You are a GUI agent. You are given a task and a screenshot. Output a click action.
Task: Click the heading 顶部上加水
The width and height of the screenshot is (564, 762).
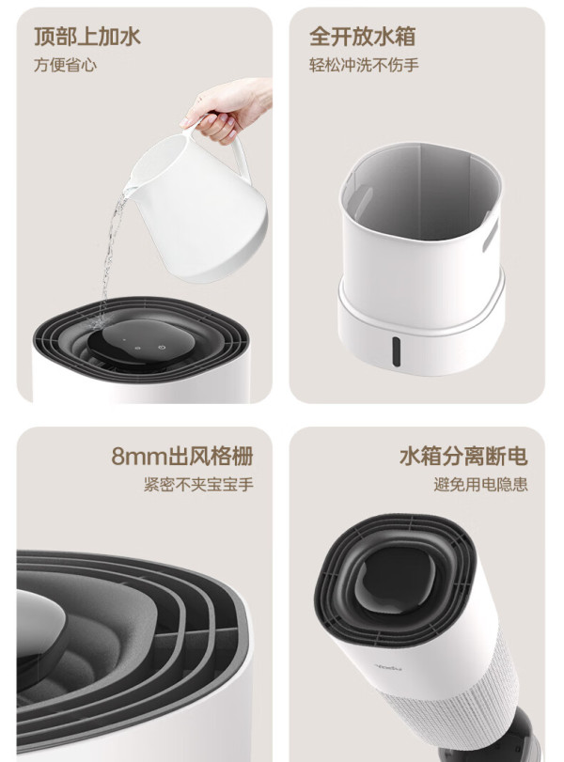(87, 37)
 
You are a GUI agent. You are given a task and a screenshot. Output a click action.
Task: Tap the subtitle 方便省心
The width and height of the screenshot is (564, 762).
(65, 65)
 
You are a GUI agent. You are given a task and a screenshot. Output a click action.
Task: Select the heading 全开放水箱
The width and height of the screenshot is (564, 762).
(362, 37)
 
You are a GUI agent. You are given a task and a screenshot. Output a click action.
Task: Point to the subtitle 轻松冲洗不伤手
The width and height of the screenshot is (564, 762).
(364, 65)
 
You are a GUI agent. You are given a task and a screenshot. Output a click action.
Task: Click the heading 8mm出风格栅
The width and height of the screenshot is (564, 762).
(182, 457)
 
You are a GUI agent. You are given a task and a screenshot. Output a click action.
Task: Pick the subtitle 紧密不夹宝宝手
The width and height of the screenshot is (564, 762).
(198, 485)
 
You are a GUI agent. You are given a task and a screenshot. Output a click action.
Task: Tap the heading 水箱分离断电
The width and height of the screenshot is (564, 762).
(463, 457)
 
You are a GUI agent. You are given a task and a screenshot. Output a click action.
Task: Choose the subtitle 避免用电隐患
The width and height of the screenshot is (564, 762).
(480, 485)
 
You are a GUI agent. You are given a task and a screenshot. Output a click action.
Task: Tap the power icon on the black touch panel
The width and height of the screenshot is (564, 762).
(162, 348)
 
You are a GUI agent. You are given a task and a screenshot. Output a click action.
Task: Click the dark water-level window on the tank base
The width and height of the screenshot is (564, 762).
(397, 351)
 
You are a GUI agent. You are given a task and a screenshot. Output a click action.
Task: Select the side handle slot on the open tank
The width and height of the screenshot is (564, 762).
(491, 235)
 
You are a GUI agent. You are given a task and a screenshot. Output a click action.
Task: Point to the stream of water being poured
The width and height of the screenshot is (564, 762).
(110, 253)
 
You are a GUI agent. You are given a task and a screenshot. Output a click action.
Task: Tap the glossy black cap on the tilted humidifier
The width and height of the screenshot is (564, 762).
(398, 582)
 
